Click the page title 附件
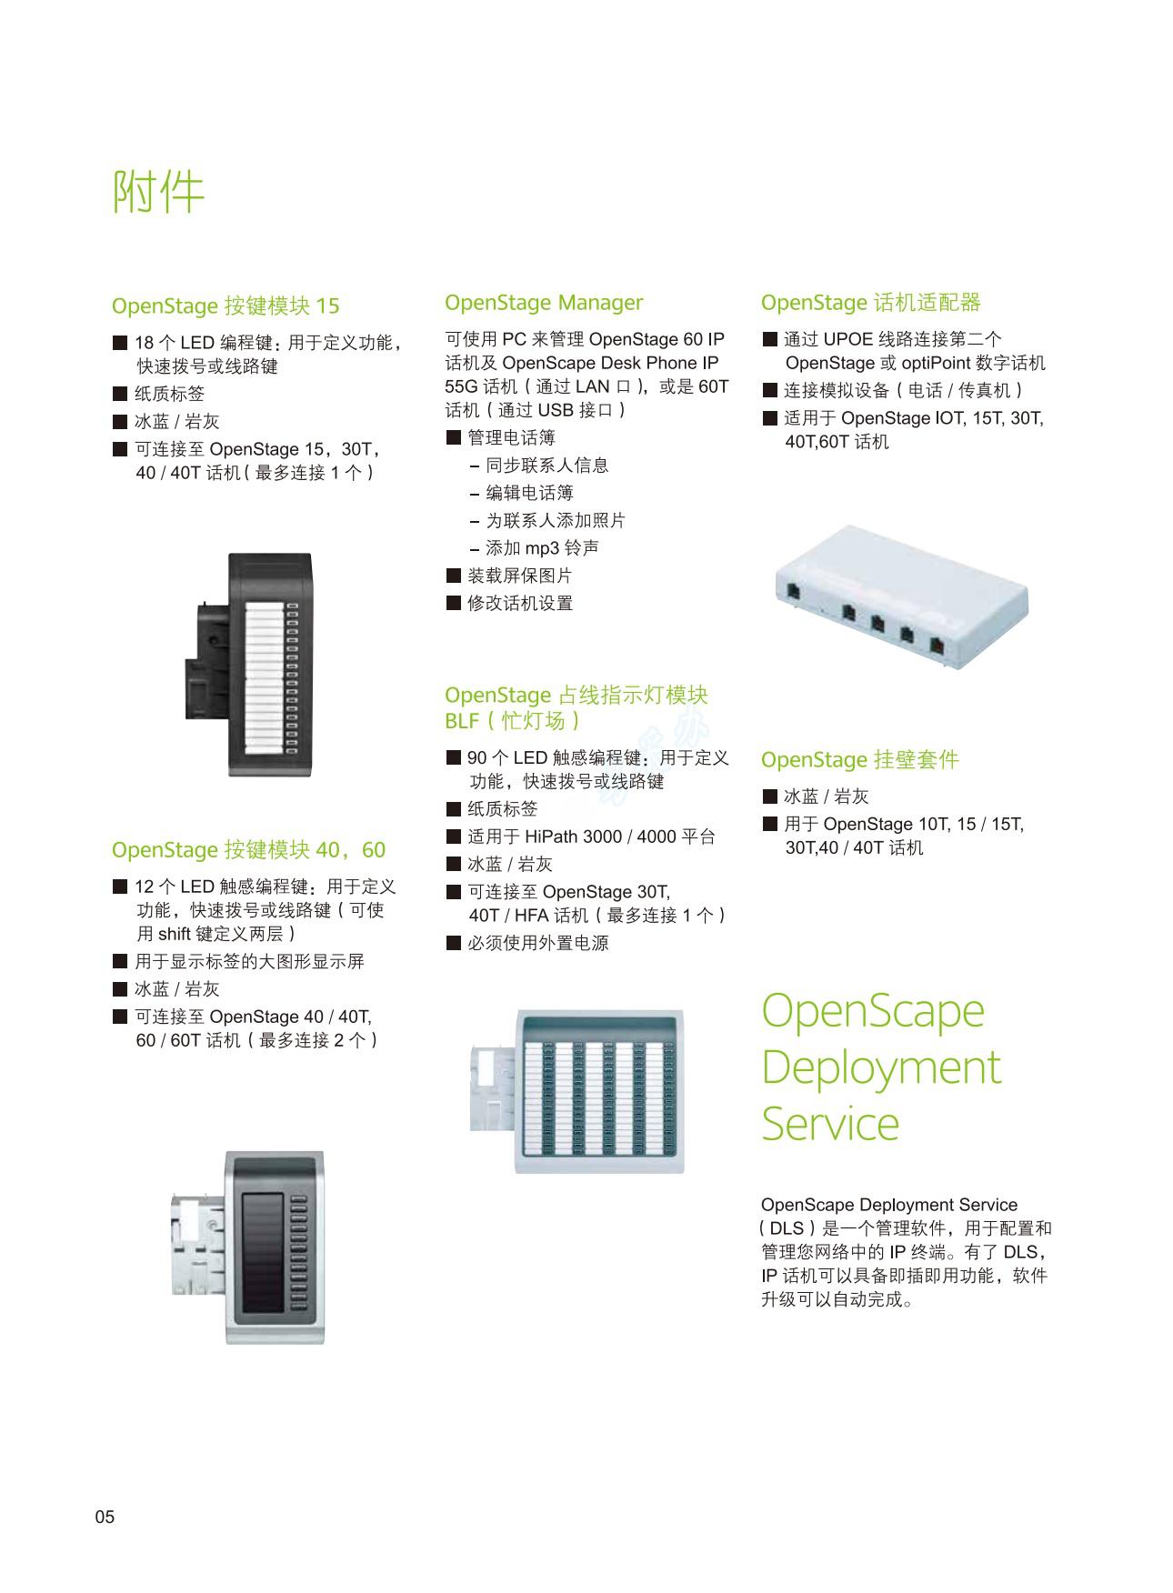click(158, 191)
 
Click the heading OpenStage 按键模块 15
click(226, 306)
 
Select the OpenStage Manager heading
click(544, 303)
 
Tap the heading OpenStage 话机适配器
click(871, 303)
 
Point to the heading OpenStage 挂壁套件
click(860, 759)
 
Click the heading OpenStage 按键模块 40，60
click(248, 850)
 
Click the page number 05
click(105, 1517)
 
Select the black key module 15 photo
click(248, 665)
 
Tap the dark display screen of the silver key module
click(263, 1247)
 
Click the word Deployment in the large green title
click(881, 1067)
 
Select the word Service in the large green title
click(830, 1123)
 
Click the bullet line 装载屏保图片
click(509, 576)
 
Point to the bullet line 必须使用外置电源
click(527, 943)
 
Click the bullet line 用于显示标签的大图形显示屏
click(238, 961)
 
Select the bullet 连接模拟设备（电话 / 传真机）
click(893, 390)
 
